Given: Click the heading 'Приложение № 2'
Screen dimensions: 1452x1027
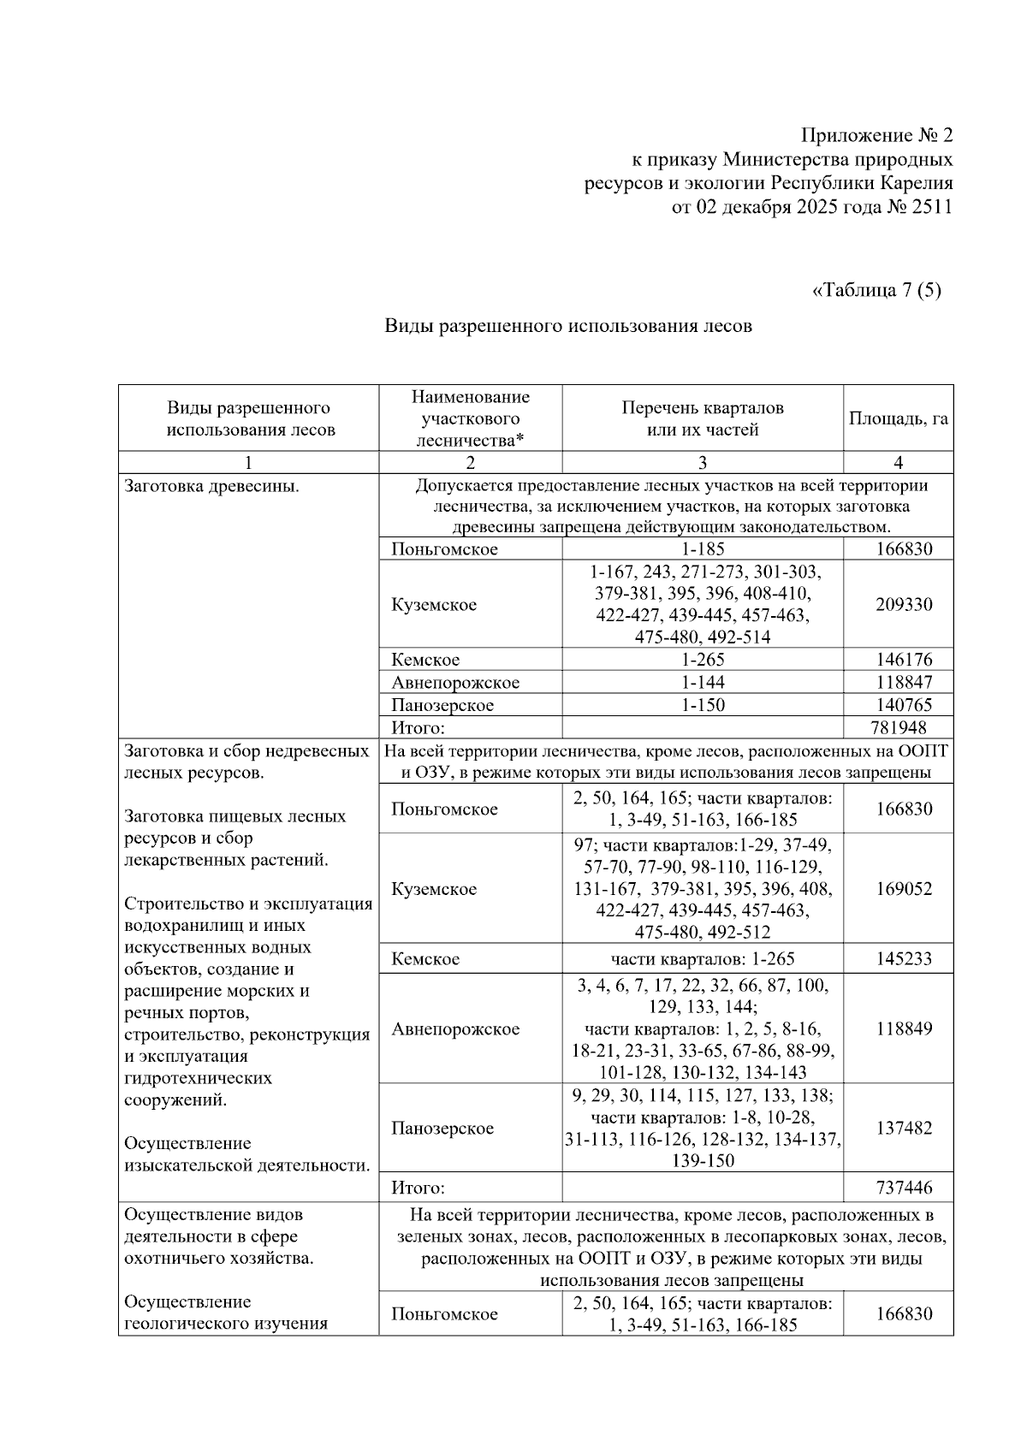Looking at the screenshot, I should [x=876, y=135].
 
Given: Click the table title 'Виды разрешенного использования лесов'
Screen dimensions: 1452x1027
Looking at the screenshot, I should [x=567, y=325].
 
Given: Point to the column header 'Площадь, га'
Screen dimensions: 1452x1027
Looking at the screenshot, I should [x=898, y=418].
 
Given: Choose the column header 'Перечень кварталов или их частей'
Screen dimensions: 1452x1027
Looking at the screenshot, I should [x=702, y=418].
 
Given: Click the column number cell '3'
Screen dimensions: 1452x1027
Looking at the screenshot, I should [x=702, y=463].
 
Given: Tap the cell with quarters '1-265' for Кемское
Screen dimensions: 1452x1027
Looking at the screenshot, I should [x=702, y=660].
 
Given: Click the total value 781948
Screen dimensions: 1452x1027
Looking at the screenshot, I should [x=898, y=728].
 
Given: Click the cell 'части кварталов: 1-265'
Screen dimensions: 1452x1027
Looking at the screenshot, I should [x=702, y=959].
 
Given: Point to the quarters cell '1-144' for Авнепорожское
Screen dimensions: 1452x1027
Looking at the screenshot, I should [x=702, y=683].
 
